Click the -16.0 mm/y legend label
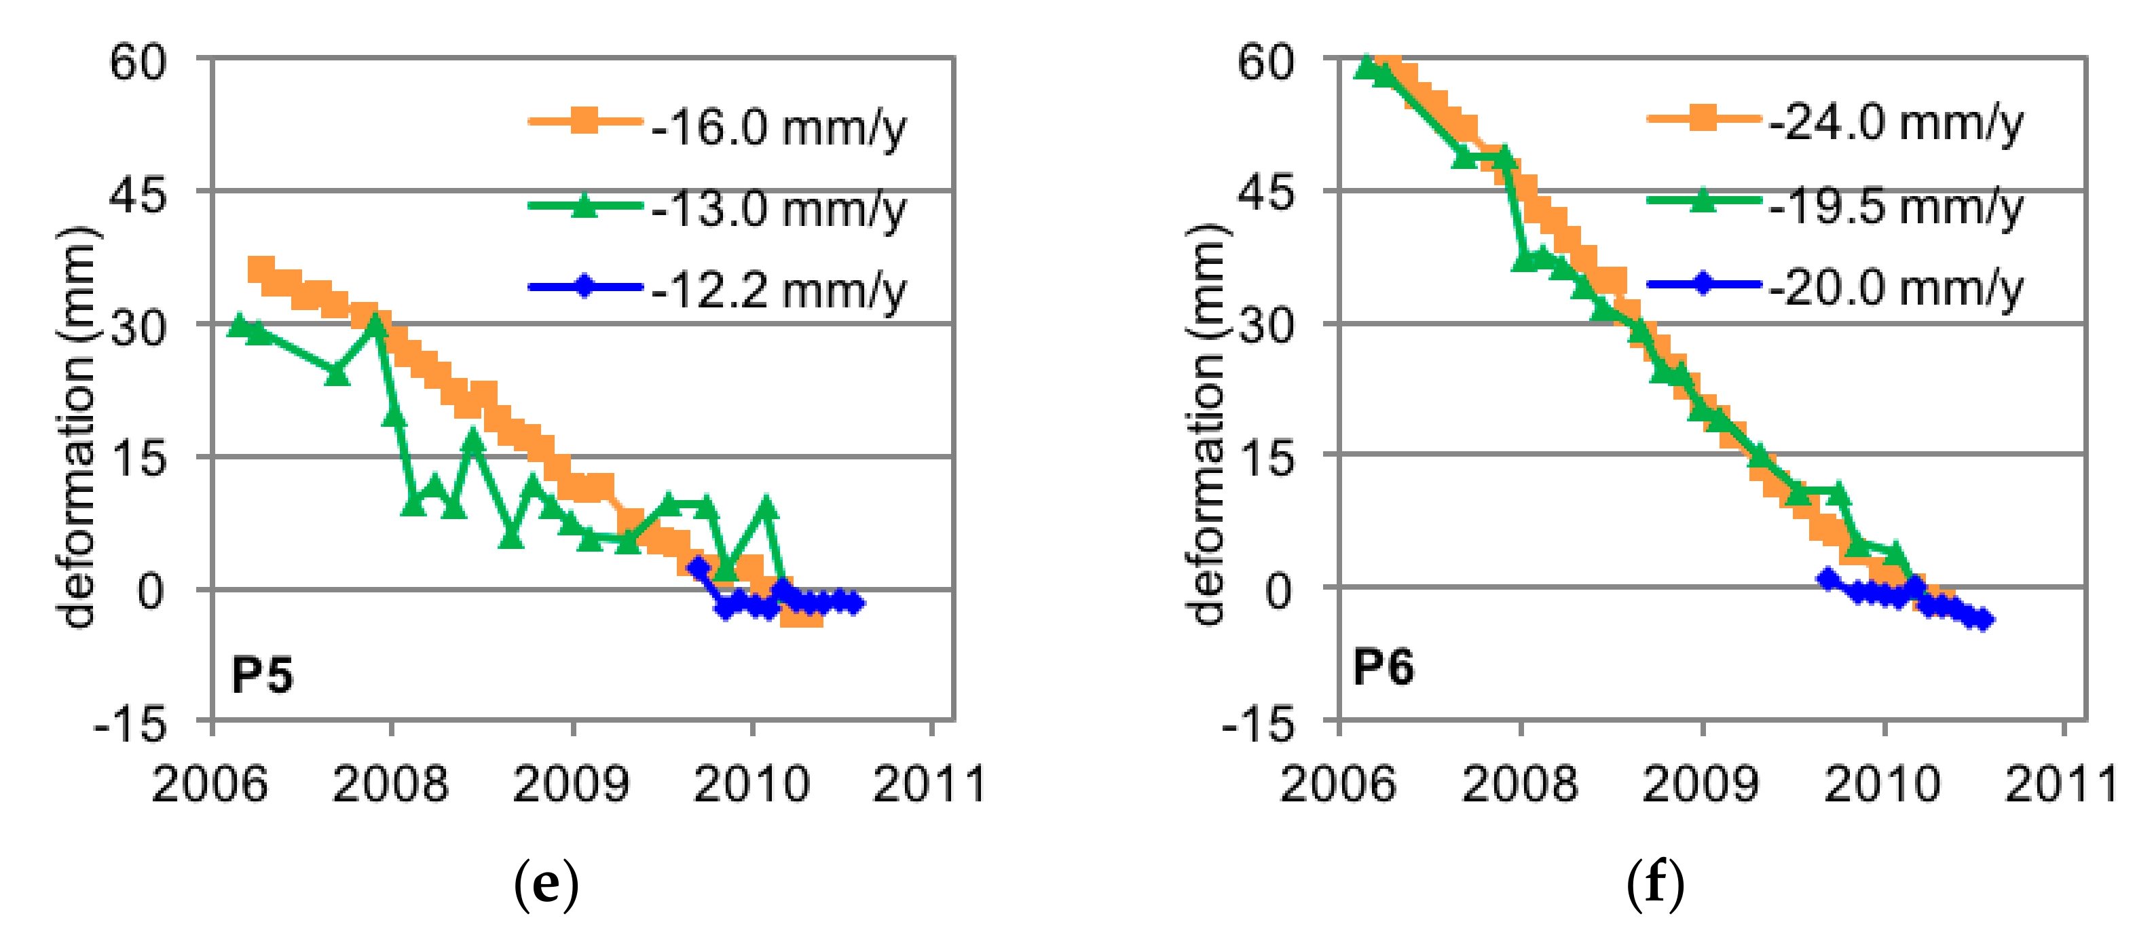pyautogui.click(x=778, y=128)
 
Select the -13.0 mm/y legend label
pyautogui.click(x=778, y=208)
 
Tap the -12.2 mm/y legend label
pyautogui.click(x=778, y=290)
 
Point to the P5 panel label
pyautogui.click(x=262, y=674)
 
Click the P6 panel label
pyautogui.click(x=1383, y=667)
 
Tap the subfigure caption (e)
pyautogui.click(x=545, y=885)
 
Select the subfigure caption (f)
pyautogui.click(x=1655, y=885)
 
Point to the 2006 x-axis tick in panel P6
pyautogui.click(x=1338, y=784)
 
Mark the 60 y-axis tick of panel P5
pyautogui.click(x=138, y=62)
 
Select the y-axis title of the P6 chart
pyautogui.click(x=1206, y=425)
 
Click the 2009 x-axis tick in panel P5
pyautogui.click(x=570, y=784)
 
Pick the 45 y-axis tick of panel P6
pyautogui.click(x=1265, y=193)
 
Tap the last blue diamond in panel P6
pyautogui.click(x=1982, y=620)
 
